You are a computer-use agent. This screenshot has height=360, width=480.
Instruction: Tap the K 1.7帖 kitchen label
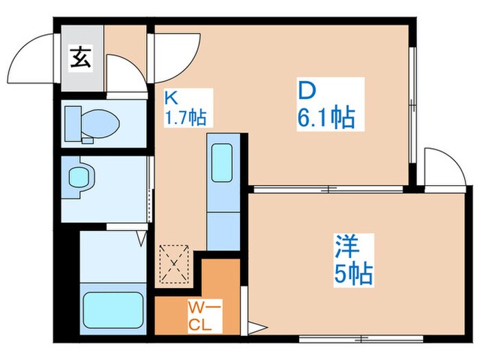(x=186, y=108)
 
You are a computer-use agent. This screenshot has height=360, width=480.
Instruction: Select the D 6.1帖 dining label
(x=328, y=105)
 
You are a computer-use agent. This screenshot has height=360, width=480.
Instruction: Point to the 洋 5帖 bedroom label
(x=353, y=261)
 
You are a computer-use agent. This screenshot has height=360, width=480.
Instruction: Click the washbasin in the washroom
(x=80, y=177)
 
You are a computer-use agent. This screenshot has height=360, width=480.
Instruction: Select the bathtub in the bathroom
(x=113, y=310)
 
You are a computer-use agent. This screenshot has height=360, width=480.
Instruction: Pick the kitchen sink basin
(x=222, y=163)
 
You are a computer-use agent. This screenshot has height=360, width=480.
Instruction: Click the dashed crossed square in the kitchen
(x=174, y=264)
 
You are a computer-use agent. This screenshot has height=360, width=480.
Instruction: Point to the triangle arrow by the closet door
(x=257, y=328)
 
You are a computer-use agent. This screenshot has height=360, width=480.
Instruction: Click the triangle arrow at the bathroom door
(x=141, y=238)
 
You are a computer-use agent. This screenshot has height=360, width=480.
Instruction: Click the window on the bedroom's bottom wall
(x=361, y=339)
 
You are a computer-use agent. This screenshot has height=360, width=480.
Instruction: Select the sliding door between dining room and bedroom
(x=328, y=189)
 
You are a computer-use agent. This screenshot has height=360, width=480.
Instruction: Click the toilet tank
(x=73, y=123)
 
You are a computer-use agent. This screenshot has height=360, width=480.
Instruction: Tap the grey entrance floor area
(x=82, y=58)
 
